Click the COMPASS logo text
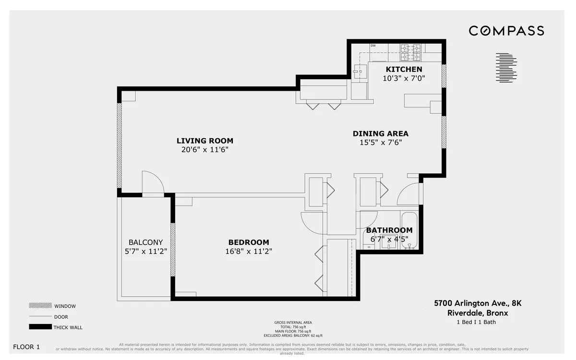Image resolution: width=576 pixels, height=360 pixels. pyautogui.click(x=506, y=31)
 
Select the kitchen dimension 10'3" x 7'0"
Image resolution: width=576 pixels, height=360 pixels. pyautogui.click(x=404, y=78)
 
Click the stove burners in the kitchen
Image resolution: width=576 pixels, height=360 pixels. pyautogui.click(x=411, y=52)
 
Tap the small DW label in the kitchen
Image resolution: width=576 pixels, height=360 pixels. pyautogui.click(x=372, y=46)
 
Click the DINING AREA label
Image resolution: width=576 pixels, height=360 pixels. pyautogui.click(x=380, y=133)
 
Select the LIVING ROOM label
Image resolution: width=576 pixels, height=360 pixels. pyautogui.click(x=204, y=141)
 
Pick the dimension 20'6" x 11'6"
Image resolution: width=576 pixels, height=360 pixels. pyautogui.click(x=204, y=149)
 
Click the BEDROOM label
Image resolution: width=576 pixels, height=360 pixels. pyautogui.click(x=249, y=242)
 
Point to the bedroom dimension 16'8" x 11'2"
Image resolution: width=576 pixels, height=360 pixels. pyautogui.click(x=249, y=251)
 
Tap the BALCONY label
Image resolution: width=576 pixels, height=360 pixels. pyautogui.click(x=145, y=242)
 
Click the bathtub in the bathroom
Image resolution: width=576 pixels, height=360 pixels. pyautogui.click(x=409, y=230)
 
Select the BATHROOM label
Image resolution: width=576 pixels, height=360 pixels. pyautogui.click(x=389, y=230)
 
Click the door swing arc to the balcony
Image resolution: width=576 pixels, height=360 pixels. pyautogui.click(x=154, y=181)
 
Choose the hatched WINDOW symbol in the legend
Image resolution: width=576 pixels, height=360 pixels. pyautogui.click(x=40, y=306)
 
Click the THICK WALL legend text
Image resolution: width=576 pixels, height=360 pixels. pyautogui.click(x=68, y=327)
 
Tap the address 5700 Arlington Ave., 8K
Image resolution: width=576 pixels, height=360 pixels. pyautogui.click(x=471, y=303)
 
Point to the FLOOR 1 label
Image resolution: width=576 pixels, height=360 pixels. pyautogui.click(x=26, y=347)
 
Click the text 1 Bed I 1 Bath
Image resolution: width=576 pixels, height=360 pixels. pyautogui.click(x=476, y=322)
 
